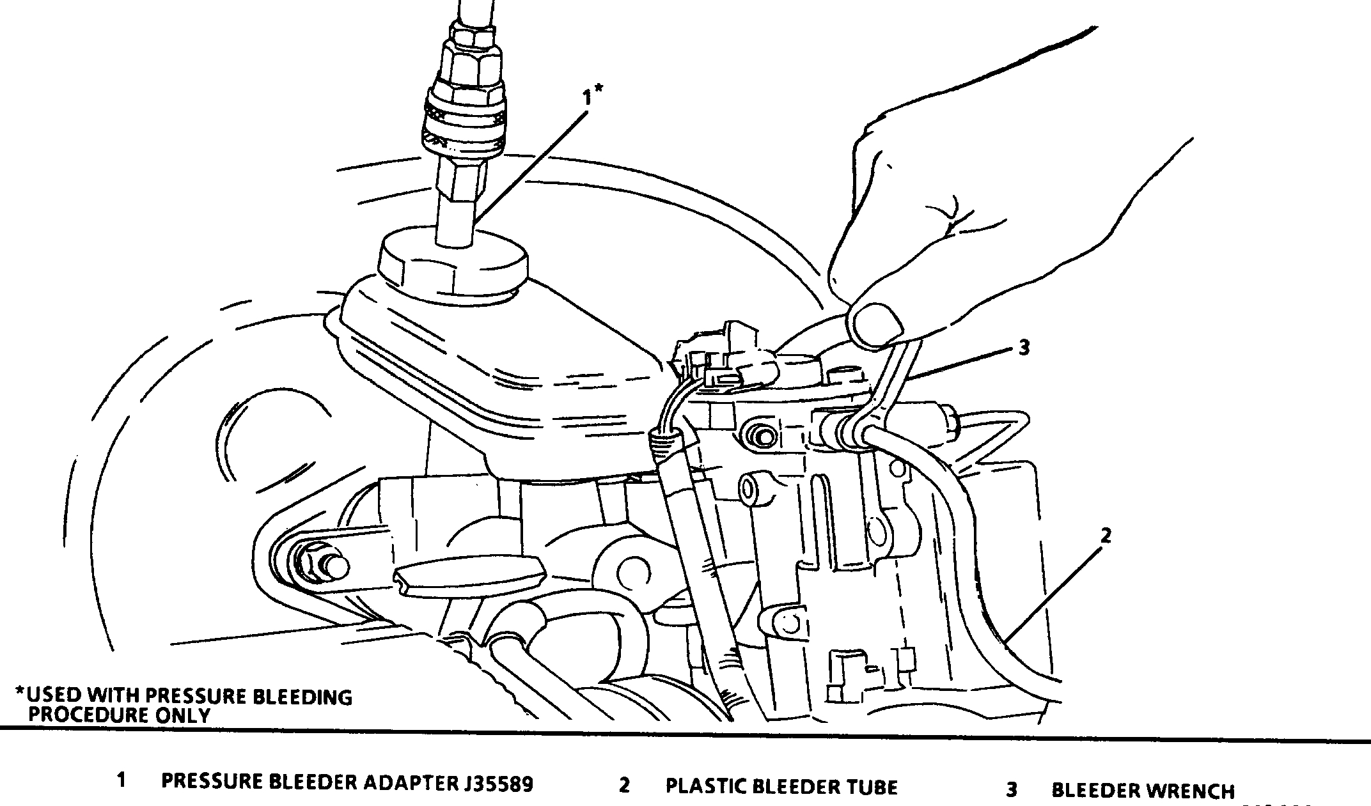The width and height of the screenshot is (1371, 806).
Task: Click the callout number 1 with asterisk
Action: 591,97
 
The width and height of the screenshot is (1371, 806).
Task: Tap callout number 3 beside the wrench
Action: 1024,348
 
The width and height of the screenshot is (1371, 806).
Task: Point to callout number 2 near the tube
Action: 1106,536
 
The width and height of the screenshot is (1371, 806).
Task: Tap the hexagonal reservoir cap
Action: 453,265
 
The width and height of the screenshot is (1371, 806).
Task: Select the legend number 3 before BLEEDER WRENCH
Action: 1011,790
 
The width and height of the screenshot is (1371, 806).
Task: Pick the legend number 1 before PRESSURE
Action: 121,780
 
